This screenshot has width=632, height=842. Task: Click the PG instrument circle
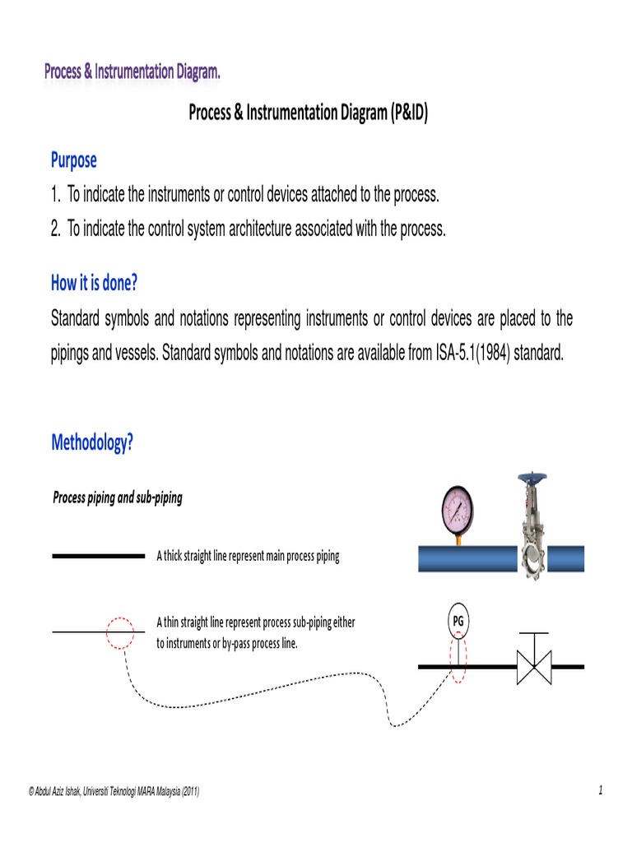[458, 622]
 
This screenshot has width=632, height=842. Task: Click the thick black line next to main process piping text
[98, 556]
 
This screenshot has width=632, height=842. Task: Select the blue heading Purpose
[74, 160]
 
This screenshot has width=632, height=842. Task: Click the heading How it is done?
[95, 283]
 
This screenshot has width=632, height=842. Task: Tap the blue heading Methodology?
[92, 443]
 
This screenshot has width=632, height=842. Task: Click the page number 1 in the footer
[601, 791]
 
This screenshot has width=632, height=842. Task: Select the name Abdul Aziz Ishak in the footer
[66, 792]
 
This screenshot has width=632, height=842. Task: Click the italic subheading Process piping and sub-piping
[118, 497]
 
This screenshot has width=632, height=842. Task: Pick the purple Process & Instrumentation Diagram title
[132, 72]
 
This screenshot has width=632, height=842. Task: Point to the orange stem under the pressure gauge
[458, 539]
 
